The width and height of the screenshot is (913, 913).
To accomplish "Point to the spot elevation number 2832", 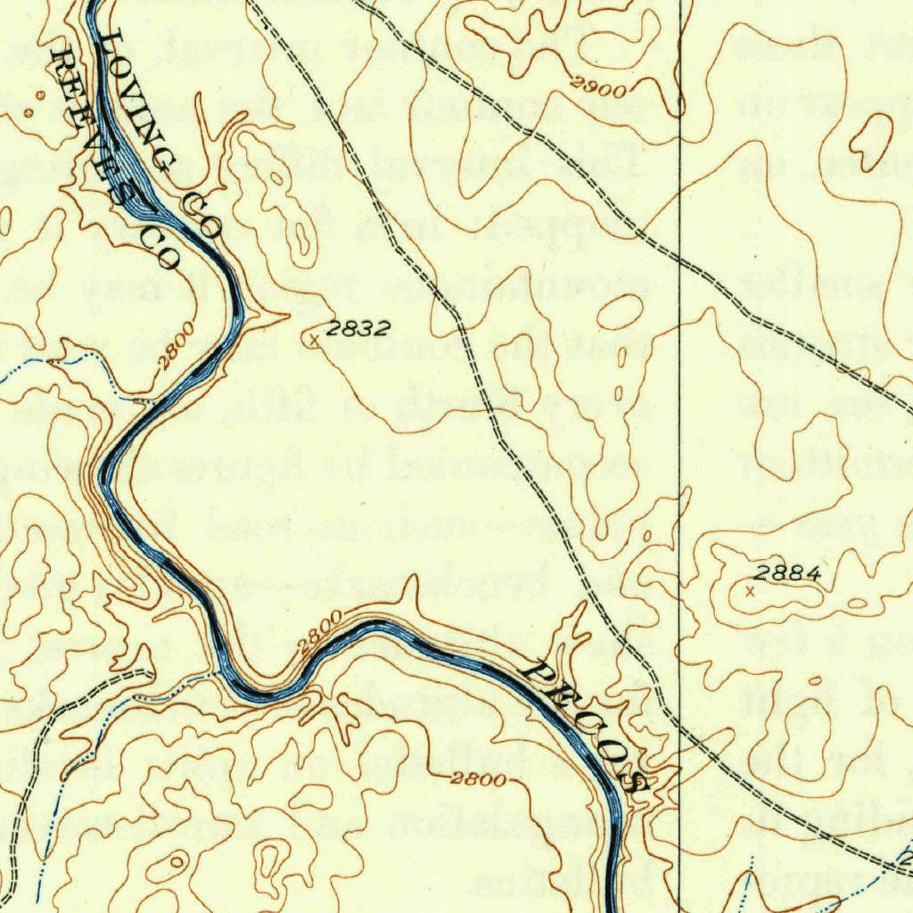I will pyautogui.click(x=357, y=328).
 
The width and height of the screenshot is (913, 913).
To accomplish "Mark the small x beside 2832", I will pyautogui.click(x=313, y=340).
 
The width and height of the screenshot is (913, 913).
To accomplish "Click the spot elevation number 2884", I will pyautogui.click(x=786, y=574).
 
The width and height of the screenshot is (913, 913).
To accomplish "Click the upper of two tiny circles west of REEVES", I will pyautogui.click(x=40, y=95).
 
